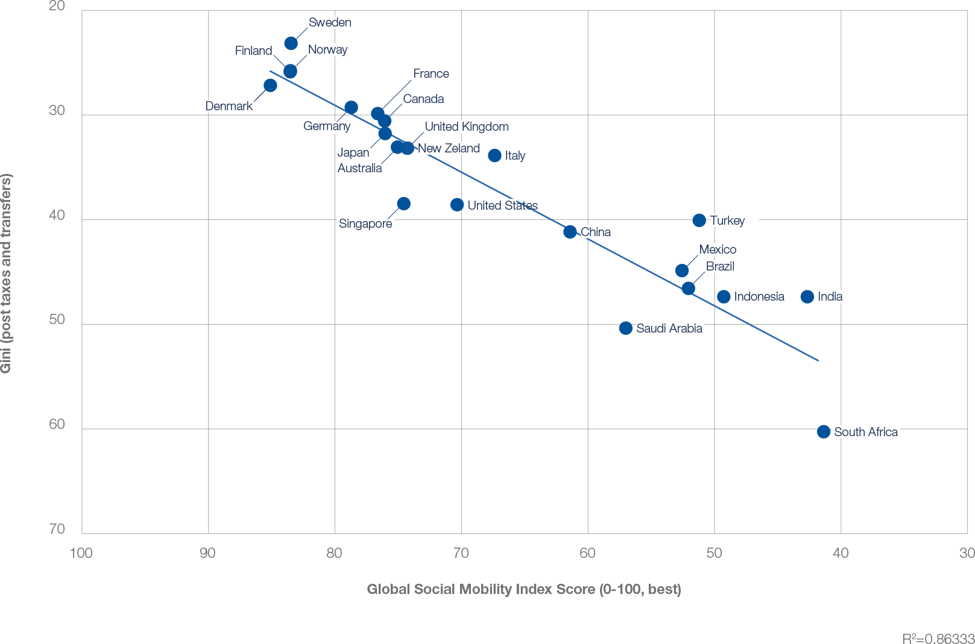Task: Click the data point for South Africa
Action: (x=824, y=431)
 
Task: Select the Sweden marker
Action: (x=291, y=43)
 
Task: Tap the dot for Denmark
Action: (x=270, y=86)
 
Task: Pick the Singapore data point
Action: (x=404, y=204)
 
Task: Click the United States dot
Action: (x=457, y=205)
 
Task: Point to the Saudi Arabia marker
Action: (x=626, y=328)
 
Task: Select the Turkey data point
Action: (x=699, y=220)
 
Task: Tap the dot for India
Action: (x=807, y=296)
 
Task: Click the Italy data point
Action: (x=494, y=155)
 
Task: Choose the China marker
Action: (x=570, y=232)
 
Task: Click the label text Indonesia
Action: (x=759, y=296)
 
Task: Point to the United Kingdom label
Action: (x=467, y=127)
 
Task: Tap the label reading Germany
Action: (x=326, y=127)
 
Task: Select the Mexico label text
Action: (x=718, y=249)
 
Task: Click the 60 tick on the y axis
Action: (x=57, y=425)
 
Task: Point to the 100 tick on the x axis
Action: (x=81, y=552)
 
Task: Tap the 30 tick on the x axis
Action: (x=967, y=552)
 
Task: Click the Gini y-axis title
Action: (x=7, y=272)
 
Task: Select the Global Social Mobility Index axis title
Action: (x=524, y=589)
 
